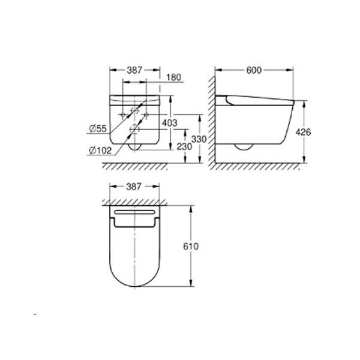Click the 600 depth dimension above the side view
coord(254,70)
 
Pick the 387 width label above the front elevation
coord(134,70)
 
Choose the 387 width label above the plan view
coord(134,187)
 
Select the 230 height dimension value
coord(181,146)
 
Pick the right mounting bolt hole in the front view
coord(145,114)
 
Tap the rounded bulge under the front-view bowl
coord(134,146)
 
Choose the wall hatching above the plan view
coord(134,200)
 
